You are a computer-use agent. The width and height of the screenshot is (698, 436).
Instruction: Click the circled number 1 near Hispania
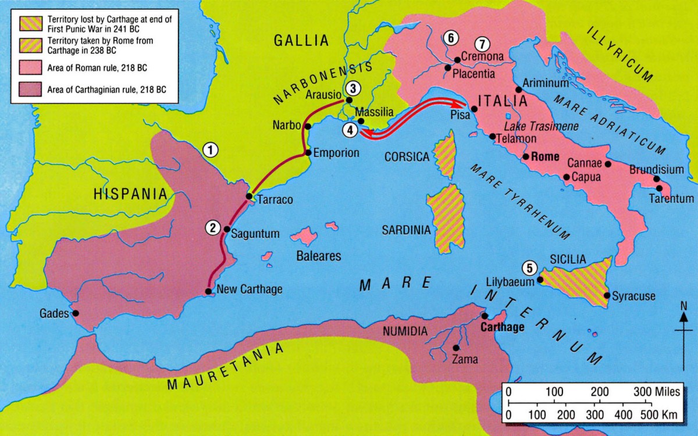(211, 150)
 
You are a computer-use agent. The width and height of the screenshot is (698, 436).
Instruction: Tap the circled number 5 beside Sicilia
(528, 268)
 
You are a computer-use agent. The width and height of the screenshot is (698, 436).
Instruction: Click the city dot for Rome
(525, 156)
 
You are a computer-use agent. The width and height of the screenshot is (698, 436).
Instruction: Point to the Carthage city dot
(484, 316)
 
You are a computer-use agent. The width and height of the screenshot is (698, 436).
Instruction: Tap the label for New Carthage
(249, 290)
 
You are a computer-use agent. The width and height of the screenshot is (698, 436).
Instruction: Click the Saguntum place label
(255, 234)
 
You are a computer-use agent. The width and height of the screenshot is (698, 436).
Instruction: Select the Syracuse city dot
(607, 296)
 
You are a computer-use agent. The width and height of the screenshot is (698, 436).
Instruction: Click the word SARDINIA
(406, 230)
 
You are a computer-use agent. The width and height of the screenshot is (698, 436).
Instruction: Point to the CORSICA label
(407, 157)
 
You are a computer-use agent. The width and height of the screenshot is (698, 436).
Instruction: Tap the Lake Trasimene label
(533, 126)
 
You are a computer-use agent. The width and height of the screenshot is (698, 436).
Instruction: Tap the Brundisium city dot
(656, 179)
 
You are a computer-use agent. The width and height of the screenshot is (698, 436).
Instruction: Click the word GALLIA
(301, 40)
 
